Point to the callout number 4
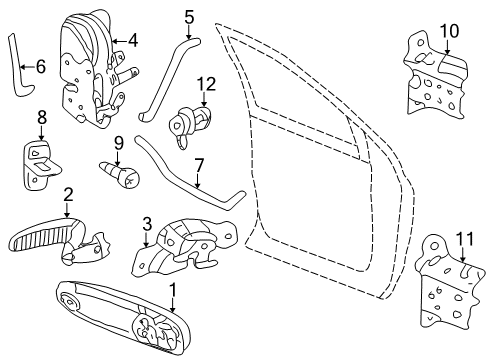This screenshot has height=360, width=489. pyautogui.click(x=132, y=41)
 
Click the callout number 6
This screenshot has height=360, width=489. pyautogui.click(x=41, y=67)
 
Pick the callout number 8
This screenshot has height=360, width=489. pyautogui.click(x=41, y=118)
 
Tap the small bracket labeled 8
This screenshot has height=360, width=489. pyautogui.click(x=41, y=160)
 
